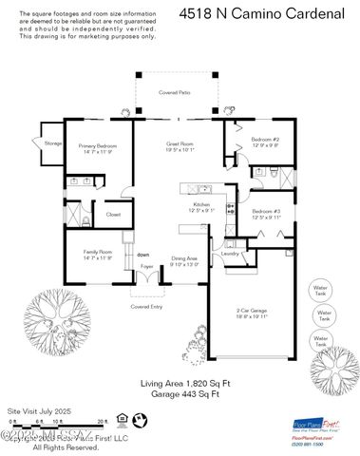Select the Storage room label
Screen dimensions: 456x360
(52, 142)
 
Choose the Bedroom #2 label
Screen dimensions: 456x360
(264, 142)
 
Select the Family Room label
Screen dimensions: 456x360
(97, 255)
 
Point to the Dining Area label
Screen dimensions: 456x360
(184, 259)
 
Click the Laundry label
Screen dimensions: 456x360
(230, 254)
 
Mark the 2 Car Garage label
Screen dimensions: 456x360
(253, 313)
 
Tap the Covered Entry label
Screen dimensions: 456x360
(146, 307)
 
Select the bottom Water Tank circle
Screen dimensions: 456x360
(321, 339)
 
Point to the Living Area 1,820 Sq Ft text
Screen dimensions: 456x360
(180, 383)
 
